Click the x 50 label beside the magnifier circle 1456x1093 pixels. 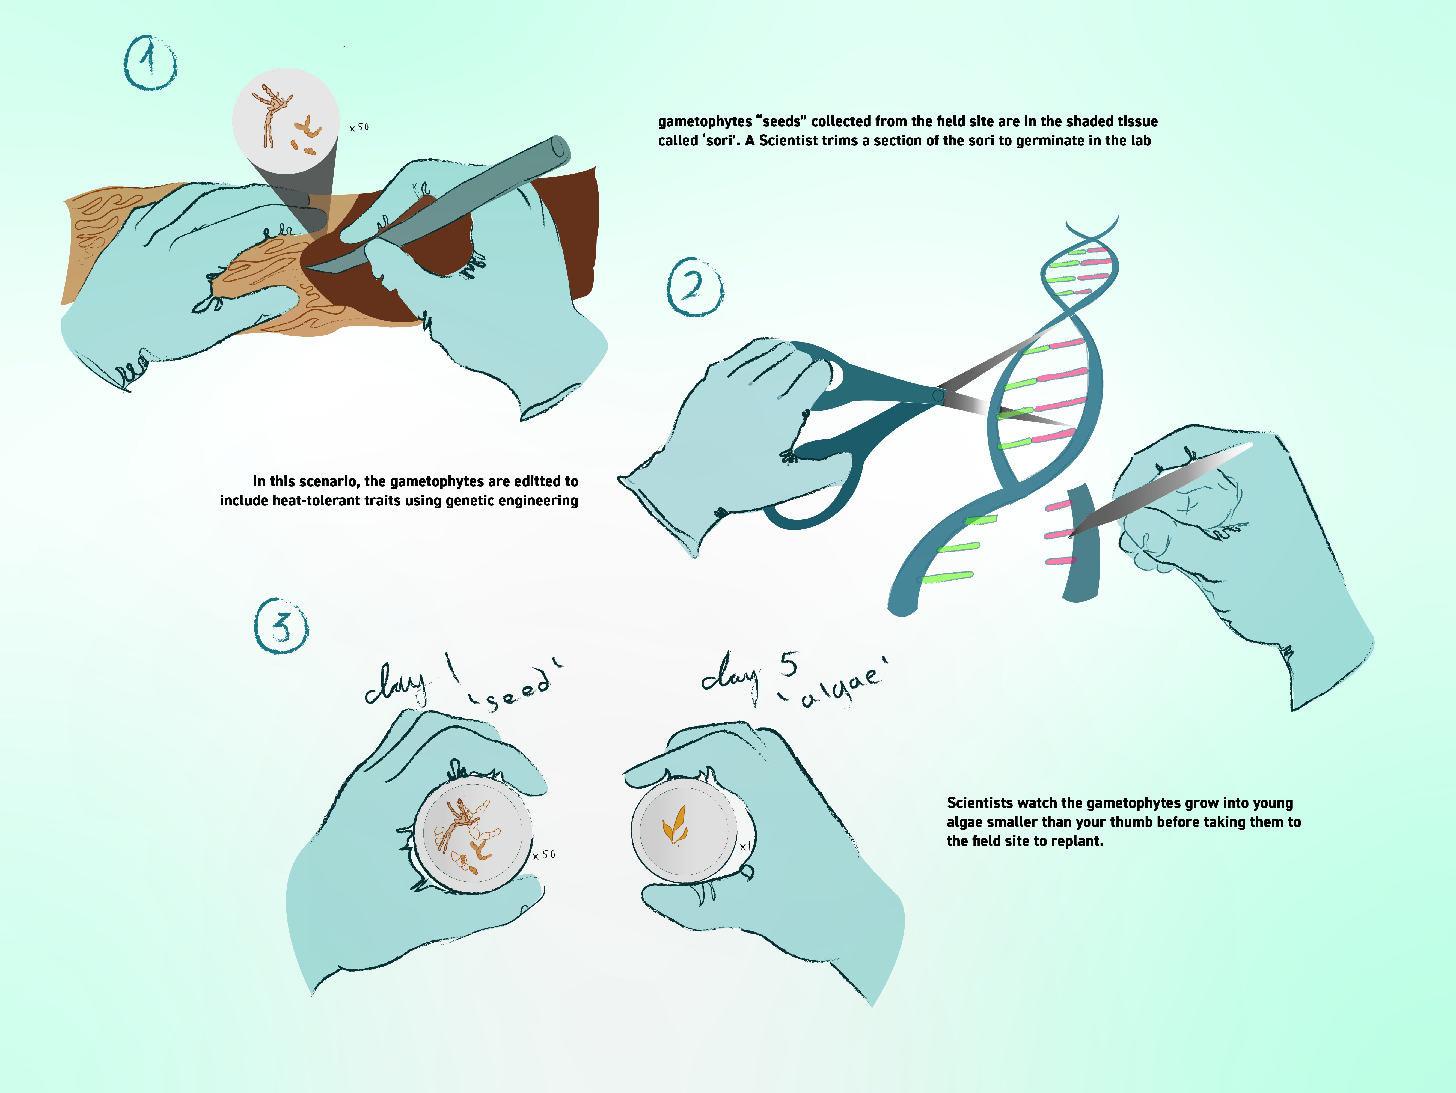pyautogui.click(x=359, y=127)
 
